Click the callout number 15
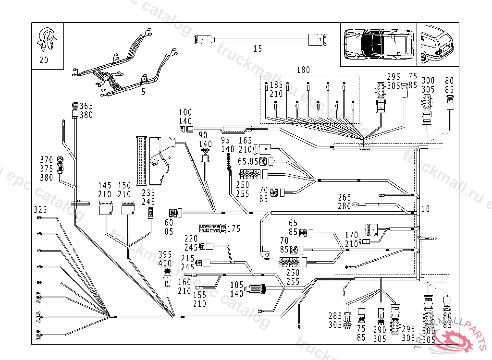click(x=258, y=48)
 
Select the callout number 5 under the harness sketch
click(x=143, y=92)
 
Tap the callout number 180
click(x=303, y=70)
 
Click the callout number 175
click(x=234, y=228)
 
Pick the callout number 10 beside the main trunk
click(x=426, y=209)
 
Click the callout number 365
click(x=86, y=106)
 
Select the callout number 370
click(x=46, y=160)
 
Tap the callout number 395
click(x=165, y=254)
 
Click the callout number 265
click(x=344, y=197)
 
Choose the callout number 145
click(x=105, y=186)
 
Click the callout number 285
click(x=335, y=316)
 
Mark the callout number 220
click(x=191, y=239)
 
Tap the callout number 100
click(x=185, y=113)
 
